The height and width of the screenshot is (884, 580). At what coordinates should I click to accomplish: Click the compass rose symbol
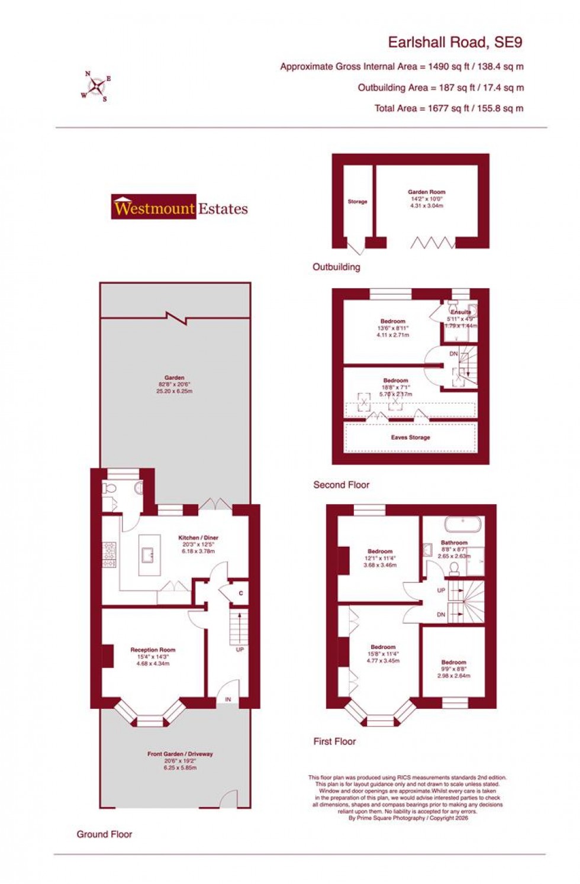(x=96, y=87)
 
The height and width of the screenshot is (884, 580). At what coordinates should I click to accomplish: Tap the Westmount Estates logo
(x=180, y=208)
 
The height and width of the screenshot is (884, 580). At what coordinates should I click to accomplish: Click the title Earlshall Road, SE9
(x=455, y=43)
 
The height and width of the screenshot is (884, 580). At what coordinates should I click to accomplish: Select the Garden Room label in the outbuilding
(x=426, y=192)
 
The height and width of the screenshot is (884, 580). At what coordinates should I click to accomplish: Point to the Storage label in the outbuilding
(x=357, y=202)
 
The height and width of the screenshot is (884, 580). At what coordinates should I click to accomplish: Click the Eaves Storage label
(x=410, y=438)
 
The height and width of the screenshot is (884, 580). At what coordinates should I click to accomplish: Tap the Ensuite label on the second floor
(x=461, y=312)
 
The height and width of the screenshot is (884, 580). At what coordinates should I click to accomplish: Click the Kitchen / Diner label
(x=198, y=538)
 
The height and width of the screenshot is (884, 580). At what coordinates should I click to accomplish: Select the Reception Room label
(x=153, y=650)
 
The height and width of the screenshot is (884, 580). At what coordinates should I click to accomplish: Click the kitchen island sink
(x=148, y=555)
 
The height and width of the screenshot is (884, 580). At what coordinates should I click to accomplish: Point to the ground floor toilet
(x=109, y=488)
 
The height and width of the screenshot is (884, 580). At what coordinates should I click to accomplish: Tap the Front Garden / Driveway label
(x=180, y=754)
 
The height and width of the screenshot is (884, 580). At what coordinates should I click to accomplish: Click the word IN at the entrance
(x=228, y=700)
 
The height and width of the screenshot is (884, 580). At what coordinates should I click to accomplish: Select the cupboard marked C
(x=240, y=593)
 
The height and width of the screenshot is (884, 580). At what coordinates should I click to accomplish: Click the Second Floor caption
(x=341, y=485)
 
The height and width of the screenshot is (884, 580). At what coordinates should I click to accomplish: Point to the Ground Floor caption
(x=104, y=834)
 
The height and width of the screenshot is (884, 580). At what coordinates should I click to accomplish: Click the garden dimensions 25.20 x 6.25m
(x=175, y=391)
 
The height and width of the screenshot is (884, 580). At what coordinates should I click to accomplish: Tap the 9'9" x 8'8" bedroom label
(x=453, y=669)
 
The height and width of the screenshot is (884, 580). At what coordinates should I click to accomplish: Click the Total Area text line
(x=449, y=108)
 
